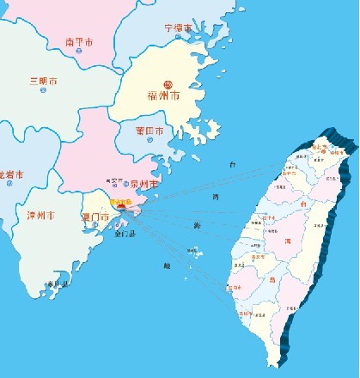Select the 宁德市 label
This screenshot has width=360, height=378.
[x=179, y=28]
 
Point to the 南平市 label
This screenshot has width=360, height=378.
[x=79, y=41]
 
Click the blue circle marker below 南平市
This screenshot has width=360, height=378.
[x=79, y=52]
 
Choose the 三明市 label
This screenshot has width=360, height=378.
[x=43, y=82]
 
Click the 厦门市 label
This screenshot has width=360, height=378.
[x=94, y=217]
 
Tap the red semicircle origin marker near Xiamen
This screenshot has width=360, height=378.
[x=121, y=207]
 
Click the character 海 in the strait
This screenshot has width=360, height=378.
[x=197, y=225]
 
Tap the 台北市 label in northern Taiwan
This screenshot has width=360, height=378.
[x=319, y=148]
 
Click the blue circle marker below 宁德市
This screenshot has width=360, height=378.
[x=180, y=39]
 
